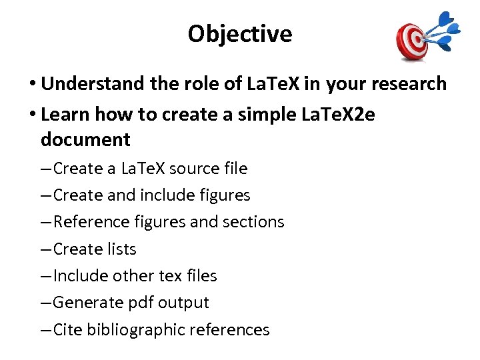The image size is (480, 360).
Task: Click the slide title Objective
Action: pos(239,33)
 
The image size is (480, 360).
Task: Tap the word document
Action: pos(85,140)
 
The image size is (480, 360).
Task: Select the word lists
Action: pos(121,249)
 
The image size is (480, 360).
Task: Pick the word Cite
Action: pos(67,329)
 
